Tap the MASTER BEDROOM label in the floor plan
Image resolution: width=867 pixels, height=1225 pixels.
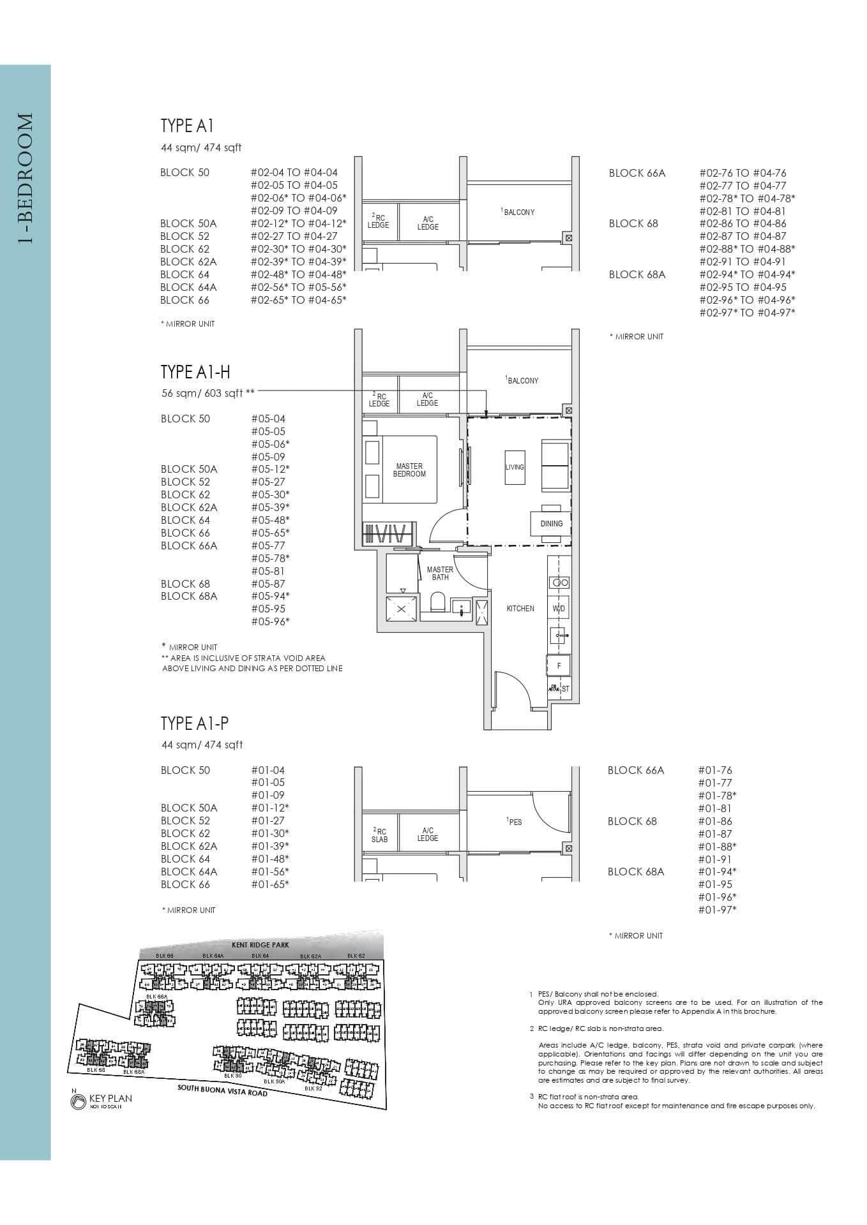point(409,470)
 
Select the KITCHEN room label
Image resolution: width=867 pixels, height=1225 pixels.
point(520,609)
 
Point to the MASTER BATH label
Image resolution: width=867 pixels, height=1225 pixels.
point(440,573)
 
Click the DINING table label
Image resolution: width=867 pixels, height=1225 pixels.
point(551,524)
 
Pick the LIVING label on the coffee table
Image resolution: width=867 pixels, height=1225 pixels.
point(515,467)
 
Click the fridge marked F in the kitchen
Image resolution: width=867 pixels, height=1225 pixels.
point(559,665)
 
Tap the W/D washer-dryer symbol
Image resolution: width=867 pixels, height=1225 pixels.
point(559,609)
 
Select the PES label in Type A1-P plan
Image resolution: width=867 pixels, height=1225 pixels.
point(515,822)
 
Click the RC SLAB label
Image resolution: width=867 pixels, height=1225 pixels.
point(379,835)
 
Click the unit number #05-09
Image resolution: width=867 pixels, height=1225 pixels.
point(268,457)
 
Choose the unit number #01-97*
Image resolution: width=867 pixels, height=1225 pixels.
point(717,910)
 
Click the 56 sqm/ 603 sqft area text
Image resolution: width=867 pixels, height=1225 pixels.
point(207,394)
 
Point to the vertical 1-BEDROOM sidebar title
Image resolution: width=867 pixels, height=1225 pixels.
point(25,179)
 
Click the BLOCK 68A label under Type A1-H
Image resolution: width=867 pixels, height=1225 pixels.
point(189,596)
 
